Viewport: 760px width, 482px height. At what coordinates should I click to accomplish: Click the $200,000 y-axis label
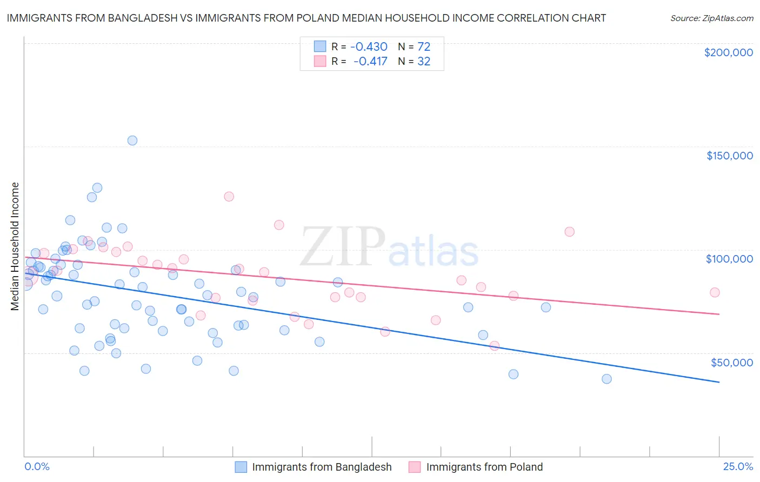click(x=728, y=52)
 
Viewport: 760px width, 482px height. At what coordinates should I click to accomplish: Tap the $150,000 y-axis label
click(x=729, y=156)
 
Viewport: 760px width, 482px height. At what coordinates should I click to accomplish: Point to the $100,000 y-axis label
click(x=729, y=259)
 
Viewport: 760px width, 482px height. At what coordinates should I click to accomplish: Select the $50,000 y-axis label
click(x=731, y=362)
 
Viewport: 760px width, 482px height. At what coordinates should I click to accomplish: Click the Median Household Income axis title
click(x=15, y=246)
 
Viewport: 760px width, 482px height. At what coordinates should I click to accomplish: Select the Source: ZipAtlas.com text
click(x=711, y=18)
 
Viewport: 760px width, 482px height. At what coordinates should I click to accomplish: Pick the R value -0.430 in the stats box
click(x=369, y=47)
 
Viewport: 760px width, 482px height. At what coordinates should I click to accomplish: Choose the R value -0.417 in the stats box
click(x=370, y=62)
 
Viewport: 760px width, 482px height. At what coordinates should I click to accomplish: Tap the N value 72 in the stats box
click(x=424, y=47)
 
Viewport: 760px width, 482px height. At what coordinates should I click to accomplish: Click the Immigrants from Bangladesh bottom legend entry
click(x=314, y=467)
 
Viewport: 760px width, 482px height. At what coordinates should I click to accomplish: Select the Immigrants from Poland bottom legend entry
click(x=476, y=467)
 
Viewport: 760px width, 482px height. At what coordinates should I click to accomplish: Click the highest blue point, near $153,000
click(x=132, y=140)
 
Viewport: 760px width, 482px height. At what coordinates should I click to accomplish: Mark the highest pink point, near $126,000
click(x=229, y=197)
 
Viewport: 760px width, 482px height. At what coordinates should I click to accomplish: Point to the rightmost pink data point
click(x=715, y=292)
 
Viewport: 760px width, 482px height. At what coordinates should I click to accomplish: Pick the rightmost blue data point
click(x=606, y=379)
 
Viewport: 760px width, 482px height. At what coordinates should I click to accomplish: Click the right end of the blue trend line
click(x=719, y=382)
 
